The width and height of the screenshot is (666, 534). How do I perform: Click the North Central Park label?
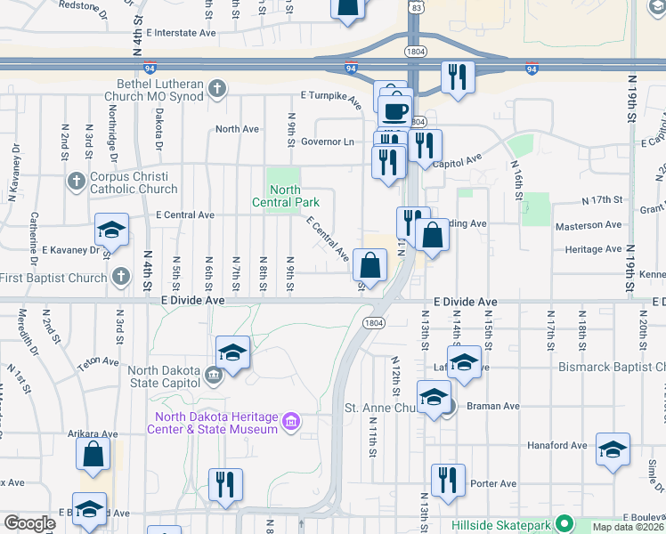click(285, 196)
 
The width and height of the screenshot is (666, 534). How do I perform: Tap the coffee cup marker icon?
click(394, 112)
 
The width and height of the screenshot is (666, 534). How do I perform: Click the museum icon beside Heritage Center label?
click(290, 421)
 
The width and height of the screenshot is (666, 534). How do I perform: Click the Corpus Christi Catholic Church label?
click(134, 182)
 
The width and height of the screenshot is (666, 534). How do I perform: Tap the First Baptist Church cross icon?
click(121, 277)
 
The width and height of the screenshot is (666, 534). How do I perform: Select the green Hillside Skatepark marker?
click(563, 524)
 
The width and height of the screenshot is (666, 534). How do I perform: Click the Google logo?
click(30, 523)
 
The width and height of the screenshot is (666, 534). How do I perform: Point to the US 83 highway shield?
click(415, 6)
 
